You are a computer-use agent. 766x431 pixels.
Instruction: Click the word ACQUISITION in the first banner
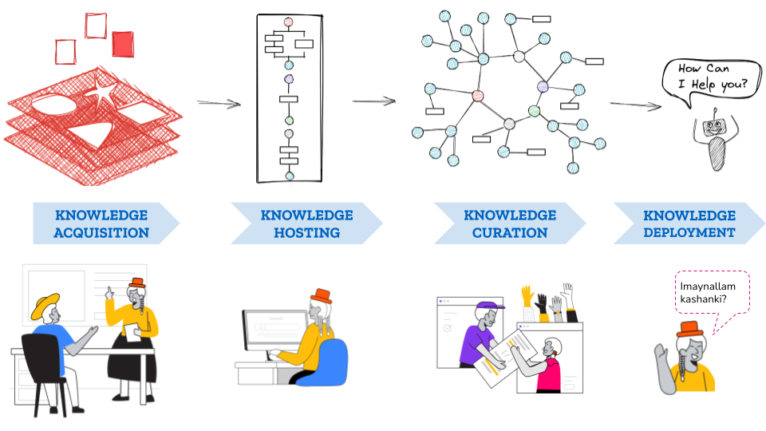point(102,233)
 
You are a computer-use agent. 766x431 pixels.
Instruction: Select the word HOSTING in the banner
point(306,233)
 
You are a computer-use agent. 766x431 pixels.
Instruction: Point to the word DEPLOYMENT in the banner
point(689,233)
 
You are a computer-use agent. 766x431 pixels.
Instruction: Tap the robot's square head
point(714,126)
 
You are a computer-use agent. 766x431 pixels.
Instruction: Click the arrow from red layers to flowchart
point(219,103)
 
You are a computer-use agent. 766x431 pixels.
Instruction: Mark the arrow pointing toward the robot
point(636,105)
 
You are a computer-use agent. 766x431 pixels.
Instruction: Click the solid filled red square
point(122,44)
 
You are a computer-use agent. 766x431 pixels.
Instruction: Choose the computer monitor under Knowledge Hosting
point(273,330)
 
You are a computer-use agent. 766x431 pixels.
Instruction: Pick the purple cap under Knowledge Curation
point(490,306)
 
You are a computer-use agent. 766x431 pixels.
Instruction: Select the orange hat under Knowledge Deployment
point(689,328)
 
